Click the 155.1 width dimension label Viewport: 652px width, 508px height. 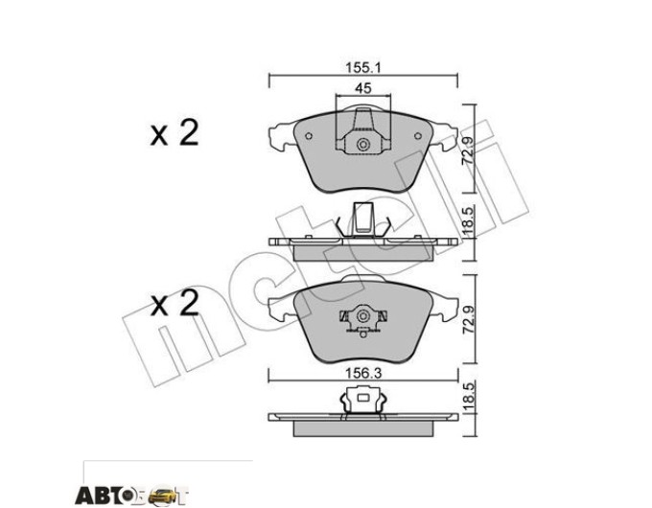pos(363,67)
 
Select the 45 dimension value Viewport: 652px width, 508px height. pos(363,88)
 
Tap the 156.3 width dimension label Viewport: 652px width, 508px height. pos(363,373)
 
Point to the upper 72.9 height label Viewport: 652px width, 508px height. pos(468,152)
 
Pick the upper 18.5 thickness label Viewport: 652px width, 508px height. pos(468,222)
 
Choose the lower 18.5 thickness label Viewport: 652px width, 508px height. pos(468,398)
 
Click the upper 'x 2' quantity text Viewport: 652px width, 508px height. pos(175,133)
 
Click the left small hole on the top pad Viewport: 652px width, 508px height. pos(309,136)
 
